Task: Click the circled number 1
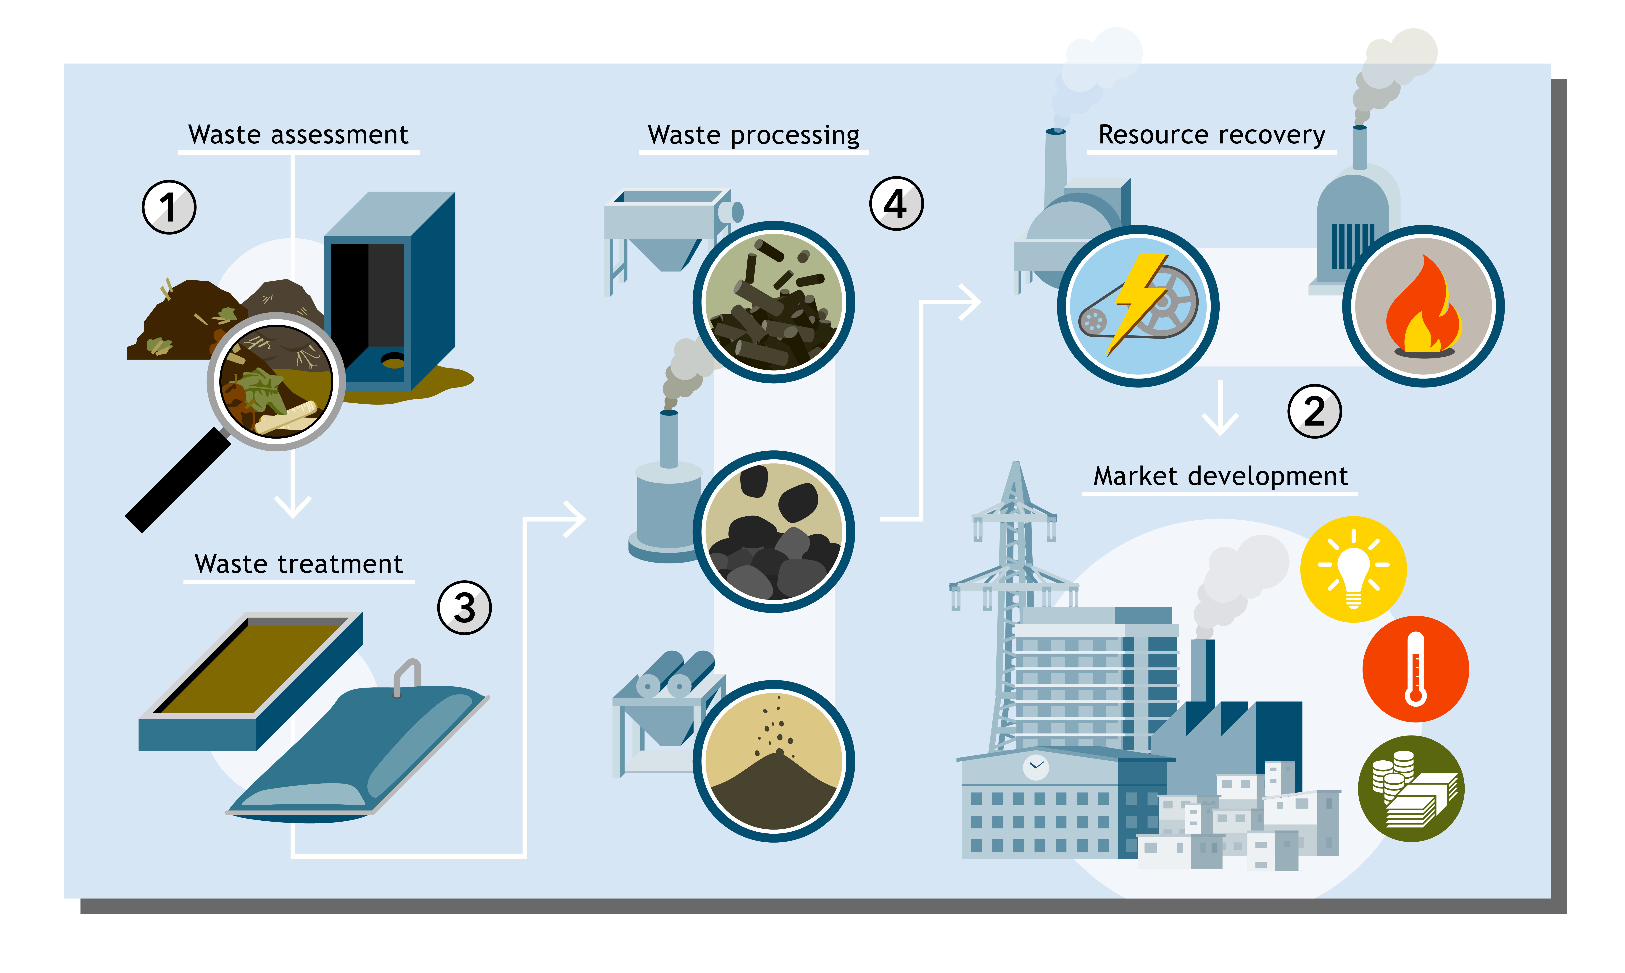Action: [169, 207]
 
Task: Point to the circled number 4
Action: [897, 203]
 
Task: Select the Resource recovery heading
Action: [1212, 135]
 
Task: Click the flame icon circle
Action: [1424, 306]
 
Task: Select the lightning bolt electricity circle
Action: [1138, 306]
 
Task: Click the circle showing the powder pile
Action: [774, 761]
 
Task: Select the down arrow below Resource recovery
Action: [1220, 408]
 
